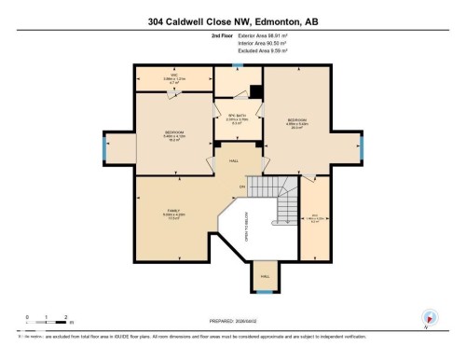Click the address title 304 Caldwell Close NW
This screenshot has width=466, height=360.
[233, 21]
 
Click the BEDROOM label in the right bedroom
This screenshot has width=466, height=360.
[297, 121]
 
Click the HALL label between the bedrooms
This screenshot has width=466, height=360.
[234, 159]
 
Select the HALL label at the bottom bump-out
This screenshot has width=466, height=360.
[265, 277]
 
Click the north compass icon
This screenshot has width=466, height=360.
[430, 318]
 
